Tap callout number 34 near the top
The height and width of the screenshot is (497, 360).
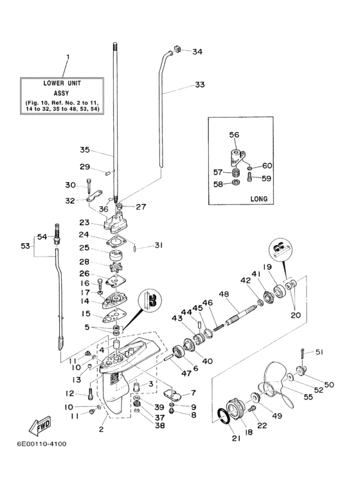pyautogui.click(x=197, y=51)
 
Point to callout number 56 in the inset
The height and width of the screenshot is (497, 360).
pyautogui.click(x=234, y=135)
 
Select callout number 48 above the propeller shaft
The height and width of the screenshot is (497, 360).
pyautogui.click(x=224, y=294)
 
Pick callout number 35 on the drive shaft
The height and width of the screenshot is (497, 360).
pyautogui.click(x=85, y=150)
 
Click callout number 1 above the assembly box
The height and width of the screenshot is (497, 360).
pyautogui.click(x=67, y=58)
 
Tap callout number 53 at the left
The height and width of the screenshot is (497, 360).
pyautogui.click(x=26, y=246)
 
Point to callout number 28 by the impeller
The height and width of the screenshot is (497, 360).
pyautogui.click(x=85, y=262)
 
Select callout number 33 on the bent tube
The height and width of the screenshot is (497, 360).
pyautogui.click(x=200, y=84)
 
